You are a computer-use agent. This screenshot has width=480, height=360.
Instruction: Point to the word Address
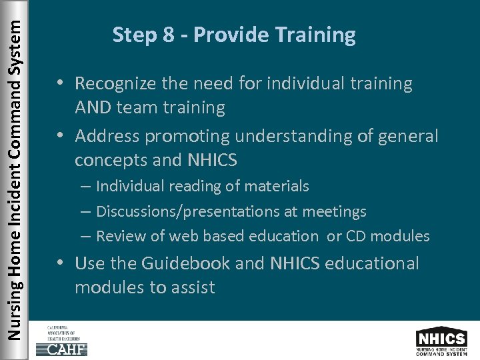tap(107, 136)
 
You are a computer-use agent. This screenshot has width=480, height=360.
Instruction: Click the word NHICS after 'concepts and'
tap(215, 160)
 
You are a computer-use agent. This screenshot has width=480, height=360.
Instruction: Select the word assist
tap(193, 287)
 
